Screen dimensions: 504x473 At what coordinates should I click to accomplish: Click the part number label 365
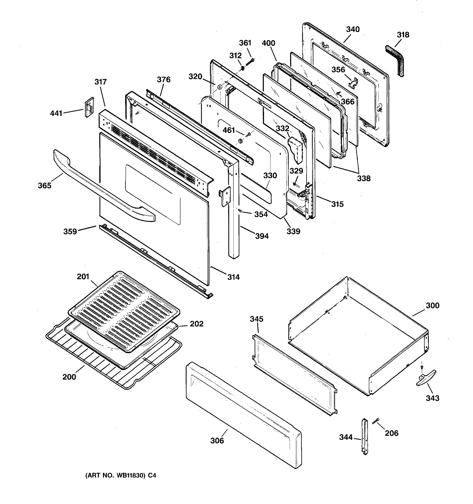(44, 186)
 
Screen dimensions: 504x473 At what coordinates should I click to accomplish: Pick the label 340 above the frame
(353, 29)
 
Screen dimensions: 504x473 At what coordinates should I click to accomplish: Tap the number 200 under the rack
(69, 377)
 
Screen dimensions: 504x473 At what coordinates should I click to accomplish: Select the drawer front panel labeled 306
(244, 416)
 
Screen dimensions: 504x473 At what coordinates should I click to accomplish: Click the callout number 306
(217, 441)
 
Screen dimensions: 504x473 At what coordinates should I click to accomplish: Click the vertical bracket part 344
(365, 437)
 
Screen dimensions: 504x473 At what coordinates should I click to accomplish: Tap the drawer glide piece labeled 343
(426, 378)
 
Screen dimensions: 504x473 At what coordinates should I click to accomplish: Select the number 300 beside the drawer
(432, 306)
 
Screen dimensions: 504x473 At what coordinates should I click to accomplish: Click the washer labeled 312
(242, 68)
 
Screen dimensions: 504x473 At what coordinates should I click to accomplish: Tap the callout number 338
(364, 178)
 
